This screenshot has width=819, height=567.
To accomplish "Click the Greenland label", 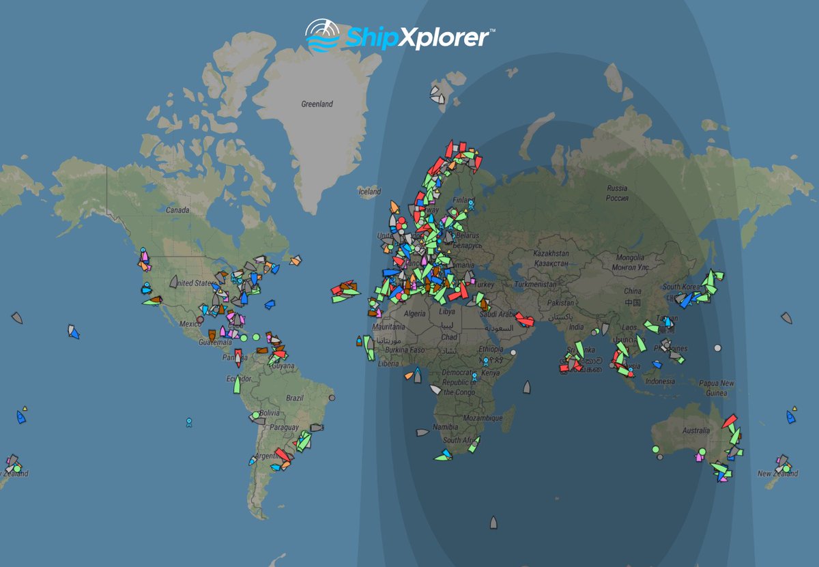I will point(317,104).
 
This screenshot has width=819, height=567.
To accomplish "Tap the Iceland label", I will point(370,192).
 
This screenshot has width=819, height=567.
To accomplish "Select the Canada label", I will point(177,210).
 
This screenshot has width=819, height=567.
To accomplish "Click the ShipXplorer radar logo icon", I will point(321,36).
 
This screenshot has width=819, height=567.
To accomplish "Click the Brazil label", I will point(295,398).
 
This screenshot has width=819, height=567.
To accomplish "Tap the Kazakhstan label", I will point(551,258).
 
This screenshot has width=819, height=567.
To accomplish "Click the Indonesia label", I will point(660,381).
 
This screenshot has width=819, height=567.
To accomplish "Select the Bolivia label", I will point(270,413).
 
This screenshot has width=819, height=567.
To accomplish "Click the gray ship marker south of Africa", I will point(493,523).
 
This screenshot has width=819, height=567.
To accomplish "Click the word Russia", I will point(617,188).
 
